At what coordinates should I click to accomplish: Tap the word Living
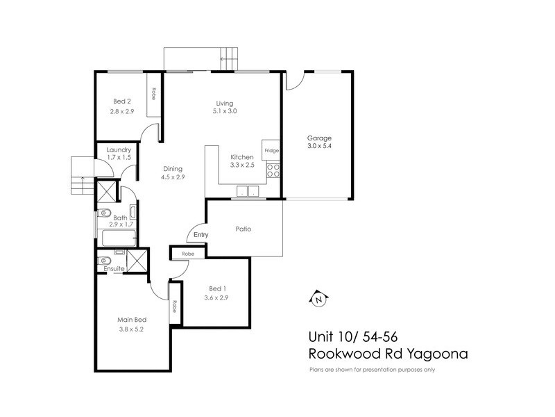point(224,103)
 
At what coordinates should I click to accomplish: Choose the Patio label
point(243,228)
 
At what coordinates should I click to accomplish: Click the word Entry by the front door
point(200,235)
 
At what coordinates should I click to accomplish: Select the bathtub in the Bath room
point(119,238)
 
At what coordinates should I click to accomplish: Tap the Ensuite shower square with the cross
point(137,262)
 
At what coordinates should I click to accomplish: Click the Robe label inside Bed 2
point(153,93)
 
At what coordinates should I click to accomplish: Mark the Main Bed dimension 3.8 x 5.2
point(130,329)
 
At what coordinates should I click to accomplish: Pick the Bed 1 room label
point(216,288)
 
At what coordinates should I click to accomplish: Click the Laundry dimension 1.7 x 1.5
point(118,158)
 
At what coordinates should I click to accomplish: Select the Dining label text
point(173,167)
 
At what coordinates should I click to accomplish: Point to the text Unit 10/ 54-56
point(353,336)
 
